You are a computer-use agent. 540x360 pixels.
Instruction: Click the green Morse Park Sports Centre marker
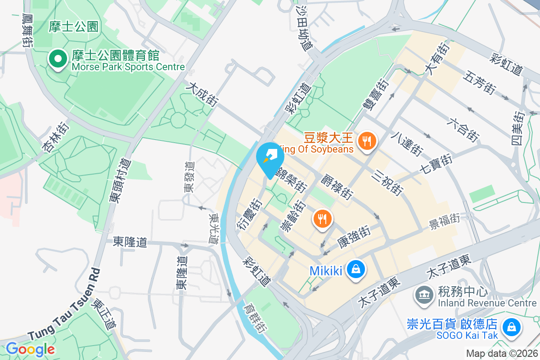pos(58,59)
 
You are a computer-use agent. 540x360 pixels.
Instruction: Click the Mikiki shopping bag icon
pos(356,270)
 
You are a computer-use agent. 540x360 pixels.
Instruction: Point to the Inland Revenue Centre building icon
pos(423,296)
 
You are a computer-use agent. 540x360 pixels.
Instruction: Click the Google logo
pos(30,349)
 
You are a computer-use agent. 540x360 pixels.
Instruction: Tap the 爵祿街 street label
pos(335,188)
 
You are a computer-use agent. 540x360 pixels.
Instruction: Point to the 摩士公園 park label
pos(73,27)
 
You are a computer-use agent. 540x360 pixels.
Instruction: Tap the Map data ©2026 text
pos(502,354)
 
